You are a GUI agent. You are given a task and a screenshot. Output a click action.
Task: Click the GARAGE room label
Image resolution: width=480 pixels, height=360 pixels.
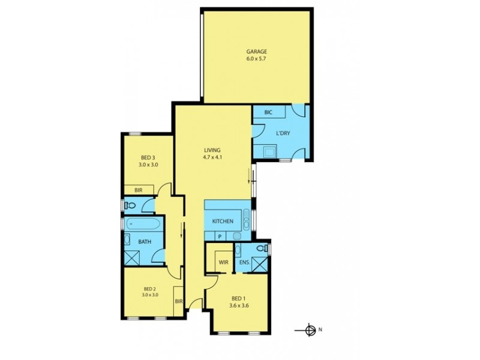pos(256,52)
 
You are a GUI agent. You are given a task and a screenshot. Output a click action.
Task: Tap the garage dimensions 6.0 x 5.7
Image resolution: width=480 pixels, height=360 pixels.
pos(256,59)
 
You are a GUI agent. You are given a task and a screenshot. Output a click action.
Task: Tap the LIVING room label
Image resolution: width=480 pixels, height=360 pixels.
pos(212,150)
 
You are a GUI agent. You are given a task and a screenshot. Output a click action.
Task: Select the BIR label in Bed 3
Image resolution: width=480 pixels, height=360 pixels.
pos(138,190)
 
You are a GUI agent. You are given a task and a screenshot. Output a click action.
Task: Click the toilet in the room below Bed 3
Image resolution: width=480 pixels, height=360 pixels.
pos(131,205)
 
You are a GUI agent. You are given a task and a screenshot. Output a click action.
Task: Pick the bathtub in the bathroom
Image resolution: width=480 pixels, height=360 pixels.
pos(143,225)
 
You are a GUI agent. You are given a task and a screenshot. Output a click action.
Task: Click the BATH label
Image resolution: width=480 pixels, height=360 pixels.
pos(145,242)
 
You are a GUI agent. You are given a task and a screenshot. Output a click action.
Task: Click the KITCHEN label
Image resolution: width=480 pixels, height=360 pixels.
pos(223,221)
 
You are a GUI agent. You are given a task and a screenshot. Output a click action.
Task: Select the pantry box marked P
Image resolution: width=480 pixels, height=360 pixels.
pos(220,236)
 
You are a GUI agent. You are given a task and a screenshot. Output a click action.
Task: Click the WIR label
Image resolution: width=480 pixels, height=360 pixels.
pos(223,262)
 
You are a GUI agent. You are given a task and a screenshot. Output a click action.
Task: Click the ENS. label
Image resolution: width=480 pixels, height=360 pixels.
pos(245,262)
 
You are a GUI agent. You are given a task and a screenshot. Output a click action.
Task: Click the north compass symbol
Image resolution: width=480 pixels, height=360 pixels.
pos(310,329)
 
